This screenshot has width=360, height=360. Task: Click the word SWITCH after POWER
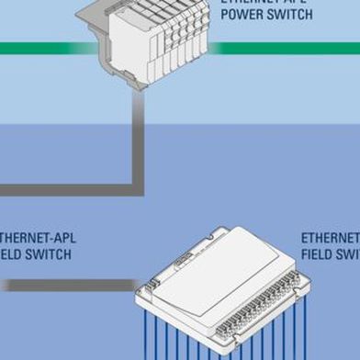point(291,15)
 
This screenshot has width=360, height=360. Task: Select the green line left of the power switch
point(37,48)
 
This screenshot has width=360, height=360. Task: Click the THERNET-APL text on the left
point(37,238)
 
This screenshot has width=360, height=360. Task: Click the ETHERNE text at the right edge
point(331,238)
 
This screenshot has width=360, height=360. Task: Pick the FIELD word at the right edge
point(317,253)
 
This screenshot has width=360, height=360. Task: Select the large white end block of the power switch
point(129,41)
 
